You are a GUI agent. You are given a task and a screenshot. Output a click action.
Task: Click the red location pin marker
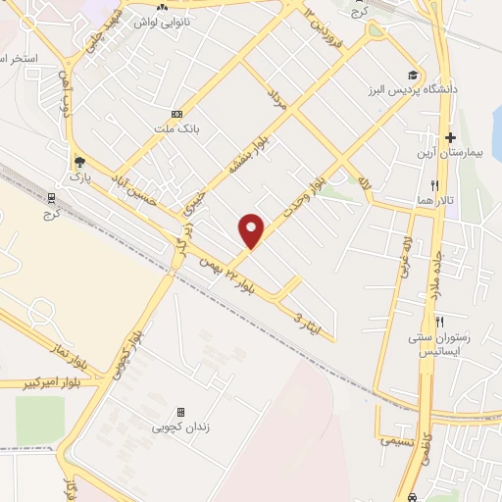252,230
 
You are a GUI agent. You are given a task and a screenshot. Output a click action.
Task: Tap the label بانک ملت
157,127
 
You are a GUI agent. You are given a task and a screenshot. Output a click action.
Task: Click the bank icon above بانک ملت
176,113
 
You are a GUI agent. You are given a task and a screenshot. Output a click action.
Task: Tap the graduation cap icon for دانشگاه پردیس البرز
414,75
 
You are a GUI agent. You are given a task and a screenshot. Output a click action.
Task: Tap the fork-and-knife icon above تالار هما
432,185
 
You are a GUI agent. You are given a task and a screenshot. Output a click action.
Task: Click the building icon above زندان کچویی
180,412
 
